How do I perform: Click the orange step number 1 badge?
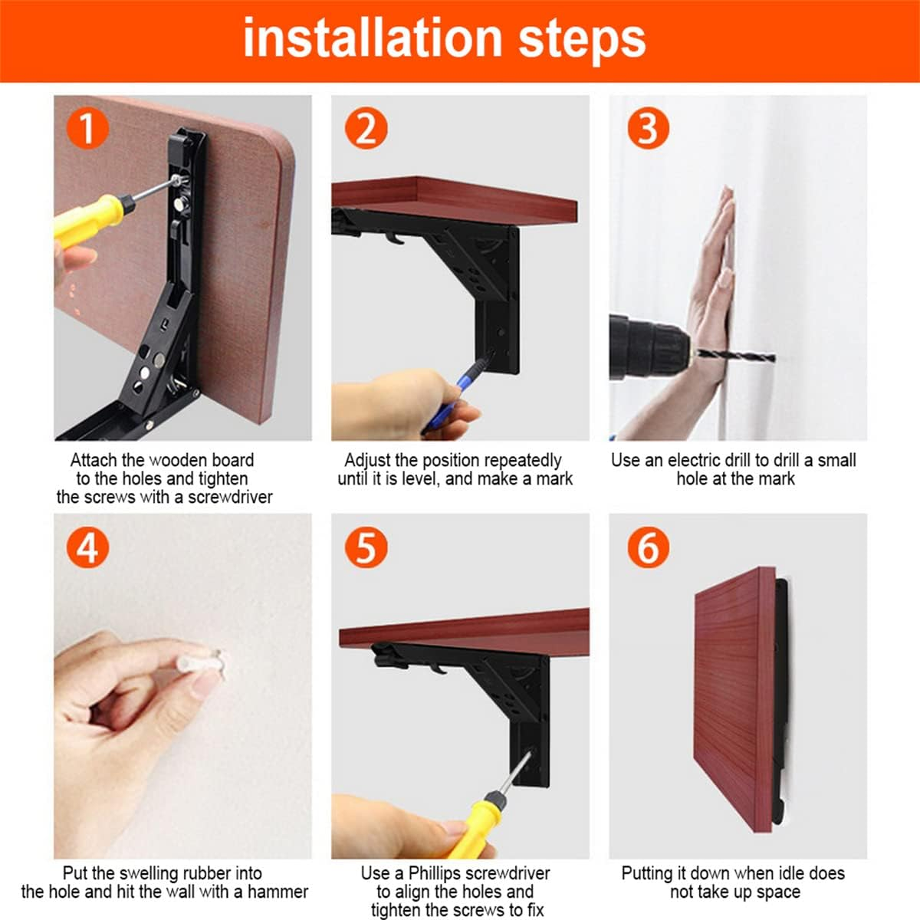[87, 129]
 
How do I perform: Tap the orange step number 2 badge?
[366, 129]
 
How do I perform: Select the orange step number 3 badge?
[648, 129]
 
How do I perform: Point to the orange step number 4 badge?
[87, 547]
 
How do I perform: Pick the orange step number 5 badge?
[366, 547]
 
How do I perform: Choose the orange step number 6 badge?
[648, 547]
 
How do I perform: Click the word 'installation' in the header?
[373, 38]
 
